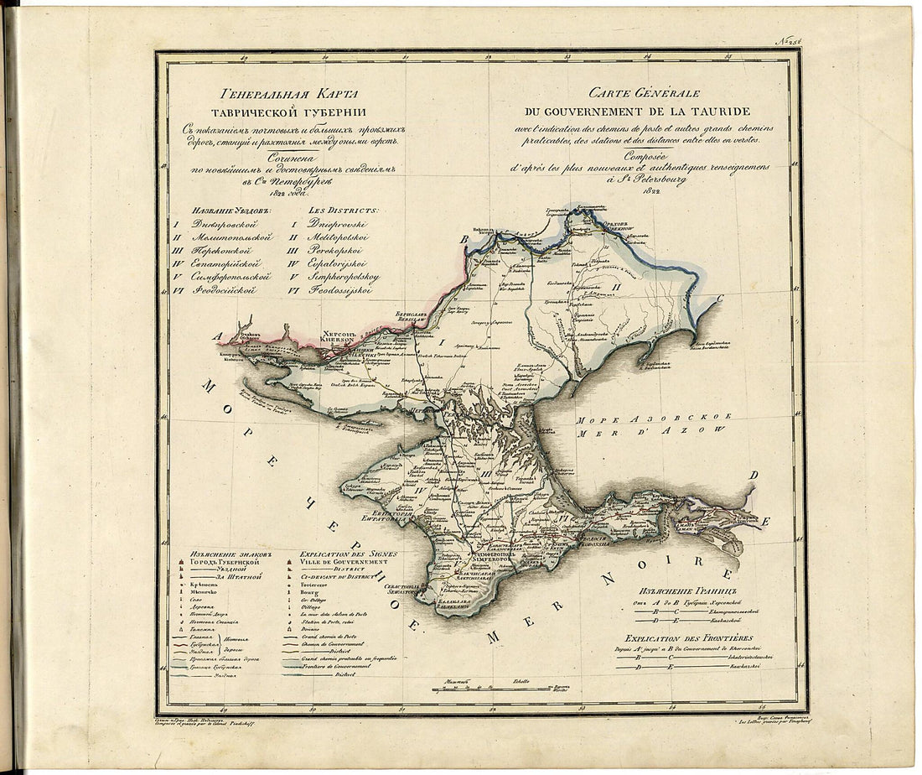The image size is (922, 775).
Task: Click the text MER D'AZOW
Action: tap(650, 429)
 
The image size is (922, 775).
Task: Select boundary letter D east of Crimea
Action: tap(753, 476)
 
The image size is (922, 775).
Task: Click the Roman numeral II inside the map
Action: tap(615, 286)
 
